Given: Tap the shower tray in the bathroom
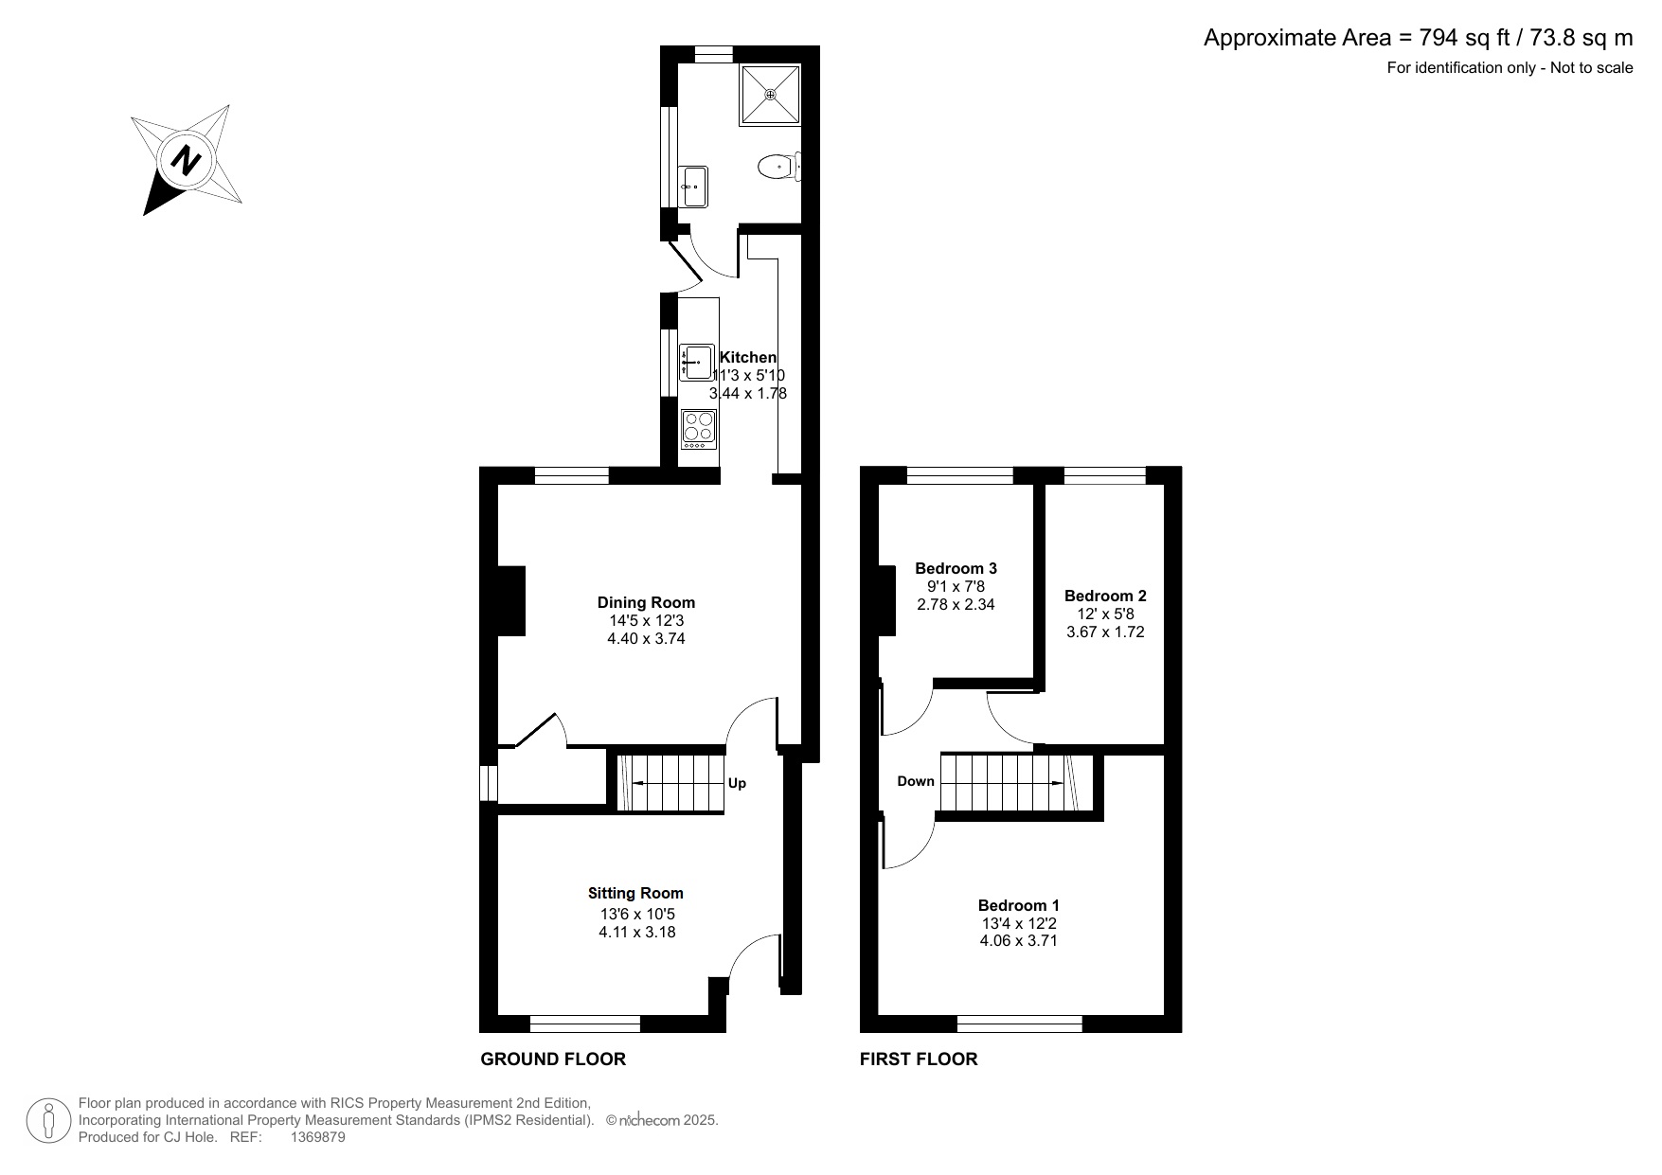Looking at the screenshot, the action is pyautogui.click(x=770, y=94).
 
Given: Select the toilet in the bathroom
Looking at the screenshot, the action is pyautogui.click(x=780, y=168).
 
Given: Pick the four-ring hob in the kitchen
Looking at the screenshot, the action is pyautogui.click(x=699, y=429).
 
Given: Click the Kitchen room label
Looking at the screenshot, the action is pyautogui.click(x=748, y=357).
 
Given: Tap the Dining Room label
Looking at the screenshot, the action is pyautogui.click(x=646, y=602).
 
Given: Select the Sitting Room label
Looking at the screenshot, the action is pyautogui.click(x=635, y=893).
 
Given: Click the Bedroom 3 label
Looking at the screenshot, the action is pyautogui.click(x=956, y=568).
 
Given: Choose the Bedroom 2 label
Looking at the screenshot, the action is pyautogui.click(x=1105, y=596).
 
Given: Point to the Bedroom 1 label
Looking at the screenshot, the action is pyautogui.click(x=1019, y=905).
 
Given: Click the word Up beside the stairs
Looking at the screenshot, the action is pyautogui.click(x=737, y=783).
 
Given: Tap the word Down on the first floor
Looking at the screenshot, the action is pyautogui.click(x=916, y=781).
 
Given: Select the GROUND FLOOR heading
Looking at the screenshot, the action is pyautogui.click(x=553, y=1059).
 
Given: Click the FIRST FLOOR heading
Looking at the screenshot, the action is pyautogui.click(x=919, y=1059).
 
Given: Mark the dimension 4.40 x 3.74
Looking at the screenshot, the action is pyautogui.click(x=646, y=638).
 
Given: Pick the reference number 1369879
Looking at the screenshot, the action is pyautogui.click(x=317, y=1137).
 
